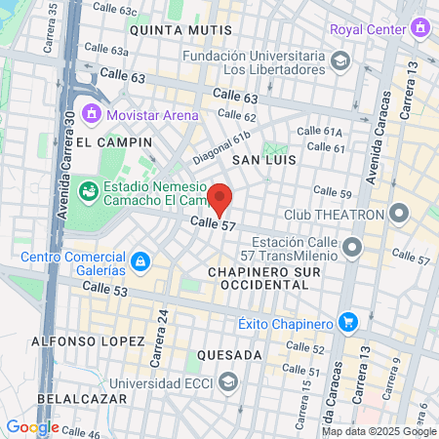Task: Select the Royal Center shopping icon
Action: [x=420, y=28]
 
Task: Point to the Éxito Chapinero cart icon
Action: [x=346, y=322]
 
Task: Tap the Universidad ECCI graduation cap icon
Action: [x=228, y=380]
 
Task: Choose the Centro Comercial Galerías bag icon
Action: [x=141, y=262]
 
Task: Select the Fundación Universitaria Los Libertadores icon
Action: [x=339, y=62]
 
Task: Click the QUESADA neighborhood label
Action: [x=229, y=354]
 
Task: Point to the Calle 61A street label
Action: [x=319, y=132]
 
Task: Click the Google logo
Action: [x=32, y=426]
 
